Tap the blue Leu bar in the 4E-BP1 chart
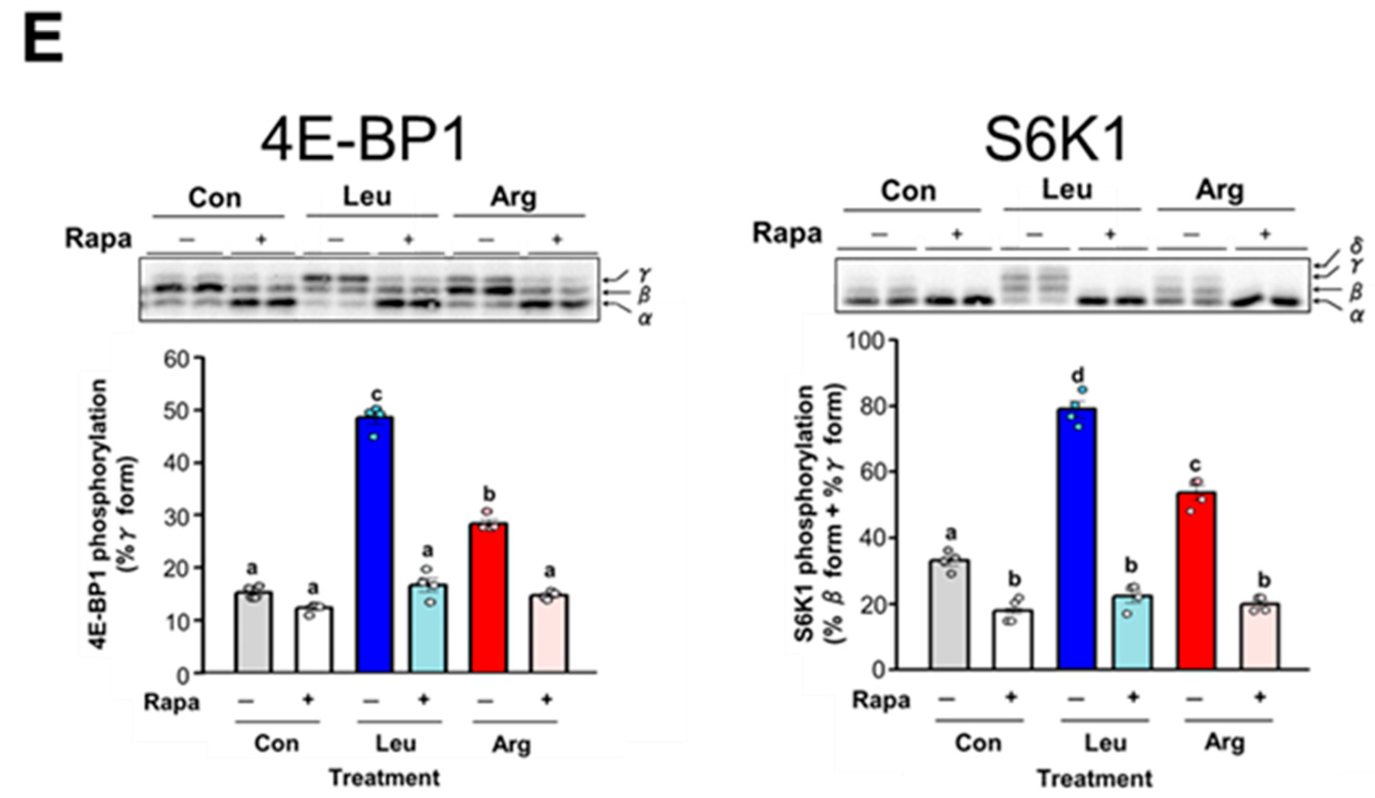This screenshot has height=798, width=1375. tap(376, 545)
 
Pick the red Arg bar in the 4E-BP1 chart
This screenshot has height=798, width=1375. tap(488, 598)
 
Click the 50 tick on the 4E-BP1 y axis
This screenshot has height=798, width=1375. tap(177, 411)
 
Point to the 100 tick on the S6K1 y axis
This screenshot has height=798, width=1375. tap(865, 340)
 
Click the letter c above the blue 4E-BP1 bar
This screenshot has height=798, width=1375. tap(376, 394)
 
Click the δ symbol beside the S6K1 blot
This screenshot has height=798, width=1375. tap(1357, 244)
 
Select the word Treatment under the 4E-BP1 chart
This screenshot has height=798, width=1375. tap(384, 778)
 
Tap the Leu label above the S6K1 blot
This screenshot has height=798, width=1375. tap(1067, 191)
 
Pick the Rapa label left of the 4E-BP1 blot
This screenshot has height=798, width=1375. tap(99, 239)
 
